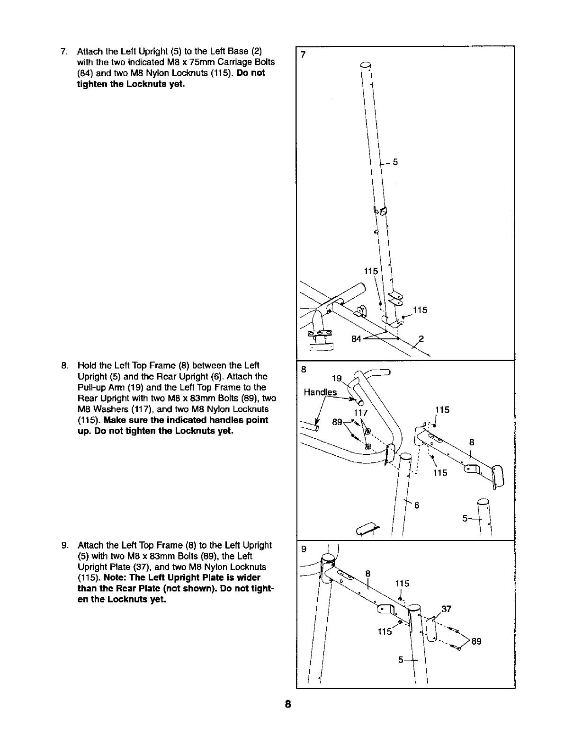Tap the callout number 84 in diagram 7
(357, 339)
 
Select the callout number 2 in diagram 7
(421, 338)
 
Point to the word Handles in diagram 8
(321, 392)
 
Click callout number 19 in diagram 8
(336, 379)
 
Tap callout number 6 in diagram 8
(417, 505)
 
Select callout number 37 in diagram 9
(446, 609)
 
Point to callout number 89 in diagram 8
(337, 422)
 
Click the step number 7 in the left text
(63, 51)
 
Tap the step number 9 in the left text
(63, 545)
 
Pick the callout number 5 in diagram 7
(395, 162)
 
